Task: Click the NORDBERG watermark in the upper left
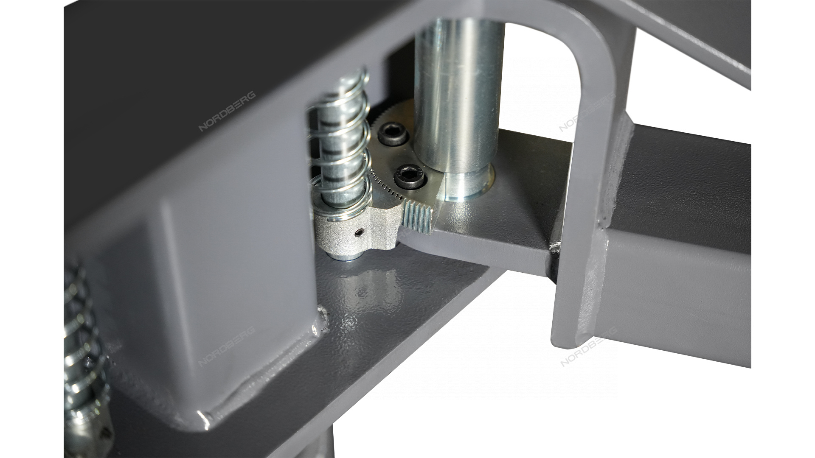pos(228,111)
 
